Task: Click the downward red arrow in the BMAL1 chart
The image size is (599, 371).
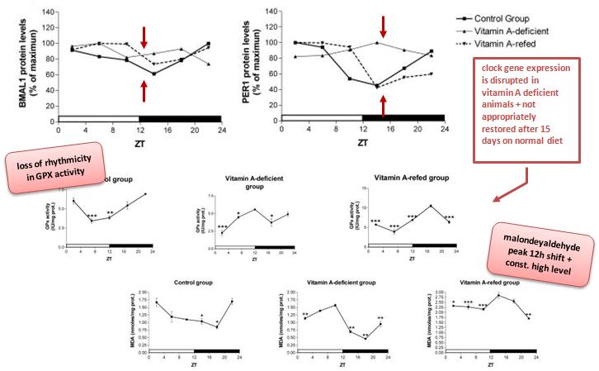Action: pos(144,36)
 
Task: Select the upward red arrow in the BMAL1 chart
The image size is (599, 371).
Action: pos(144,91)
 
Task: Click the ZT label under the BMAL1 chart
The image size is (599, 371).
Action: pos(139,140)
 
